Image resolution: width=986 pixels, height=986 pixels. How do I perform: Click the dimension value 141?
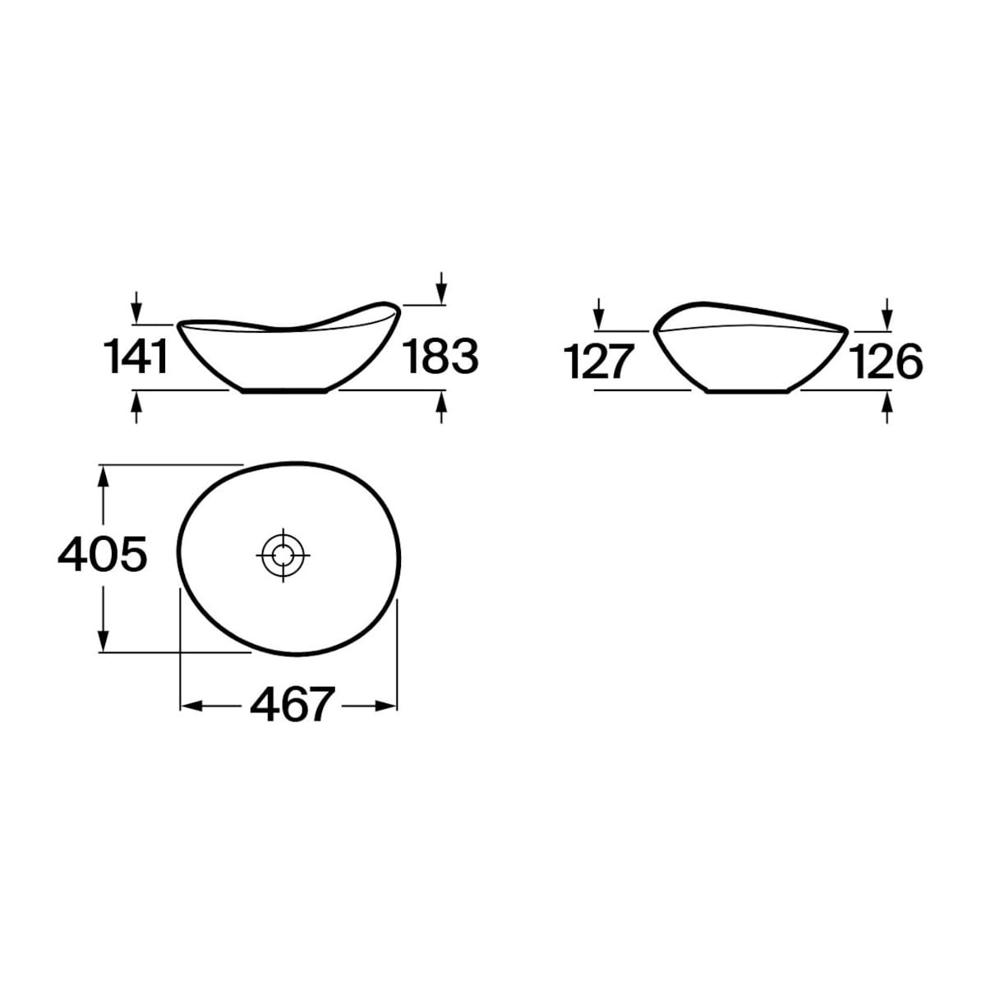[136, 357]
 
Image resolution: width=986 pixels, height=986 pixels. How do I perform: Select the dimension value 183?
[440, 357]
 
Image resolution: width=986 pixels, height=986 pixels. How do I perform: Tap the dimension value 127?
[599, 362]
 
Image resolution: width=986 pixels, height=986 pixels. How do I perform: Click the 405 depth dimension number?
[103, 554]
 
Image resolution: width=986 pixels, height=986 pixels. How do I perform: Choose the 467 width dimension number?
[293, 705]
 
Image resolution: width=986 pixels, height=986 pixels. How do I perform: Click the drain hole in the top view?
[283, 555]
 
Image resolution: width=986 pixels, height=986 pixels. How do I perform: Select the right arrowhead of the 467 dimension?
[386, 706]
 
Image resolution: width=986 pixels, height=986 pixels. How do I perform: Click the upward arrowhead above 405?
[104, 477]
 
